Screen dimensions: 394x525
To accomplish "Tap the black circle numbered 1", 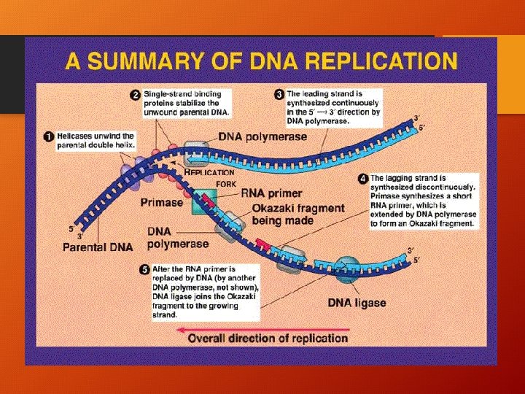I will tap(47, 136).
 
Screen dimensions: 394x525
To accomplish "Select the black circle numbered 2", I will tap(135, 95).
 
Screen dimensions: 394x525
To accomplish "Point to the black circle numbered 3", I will tap(279, 95).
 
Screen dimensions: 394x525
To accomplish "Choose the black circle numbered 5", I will tap(144, 269).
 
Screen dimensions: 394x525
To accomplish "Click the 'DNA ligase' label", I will tap(355, 303).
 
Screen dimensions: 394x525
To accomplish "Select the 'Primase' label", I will tap(163, 204).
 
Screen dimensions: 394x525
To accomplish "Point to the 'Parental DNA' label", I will tap(98, 247).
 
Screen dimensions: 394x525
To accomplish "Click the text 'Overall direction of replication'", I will tap(268, 339).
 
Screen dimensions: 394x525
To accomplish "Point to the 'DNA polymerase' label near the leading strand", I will tap(259, 137).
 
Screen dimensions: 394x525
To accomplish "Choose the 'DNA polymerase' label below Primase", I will tap(178, 238).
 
